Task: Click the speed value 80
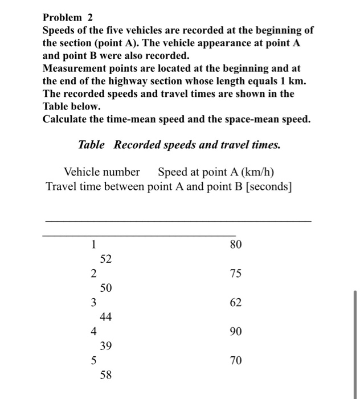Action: [236, 245]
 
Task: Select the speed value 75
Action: [236, 274]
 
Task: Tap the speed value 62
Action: [236, 303]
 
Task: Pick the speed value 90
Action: [236, 331]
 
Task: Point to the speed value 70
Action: [236, 360]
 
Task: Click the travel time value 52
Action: [106, 259]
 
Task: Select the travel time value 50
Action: [106, 288]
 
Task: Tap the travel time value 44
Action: [106, 317]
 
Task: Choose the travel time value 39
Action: [106, 346]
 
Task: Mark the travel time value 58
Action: [106, 375]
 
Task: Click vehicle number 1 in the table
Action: [93, 245]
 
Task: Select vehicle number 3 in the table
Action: [93, 303]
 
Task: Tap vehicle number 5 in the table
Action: [93, 360]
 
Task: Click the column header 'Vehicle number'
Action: [102, 172]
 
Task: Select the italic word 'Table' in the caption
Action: [91, 145]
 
